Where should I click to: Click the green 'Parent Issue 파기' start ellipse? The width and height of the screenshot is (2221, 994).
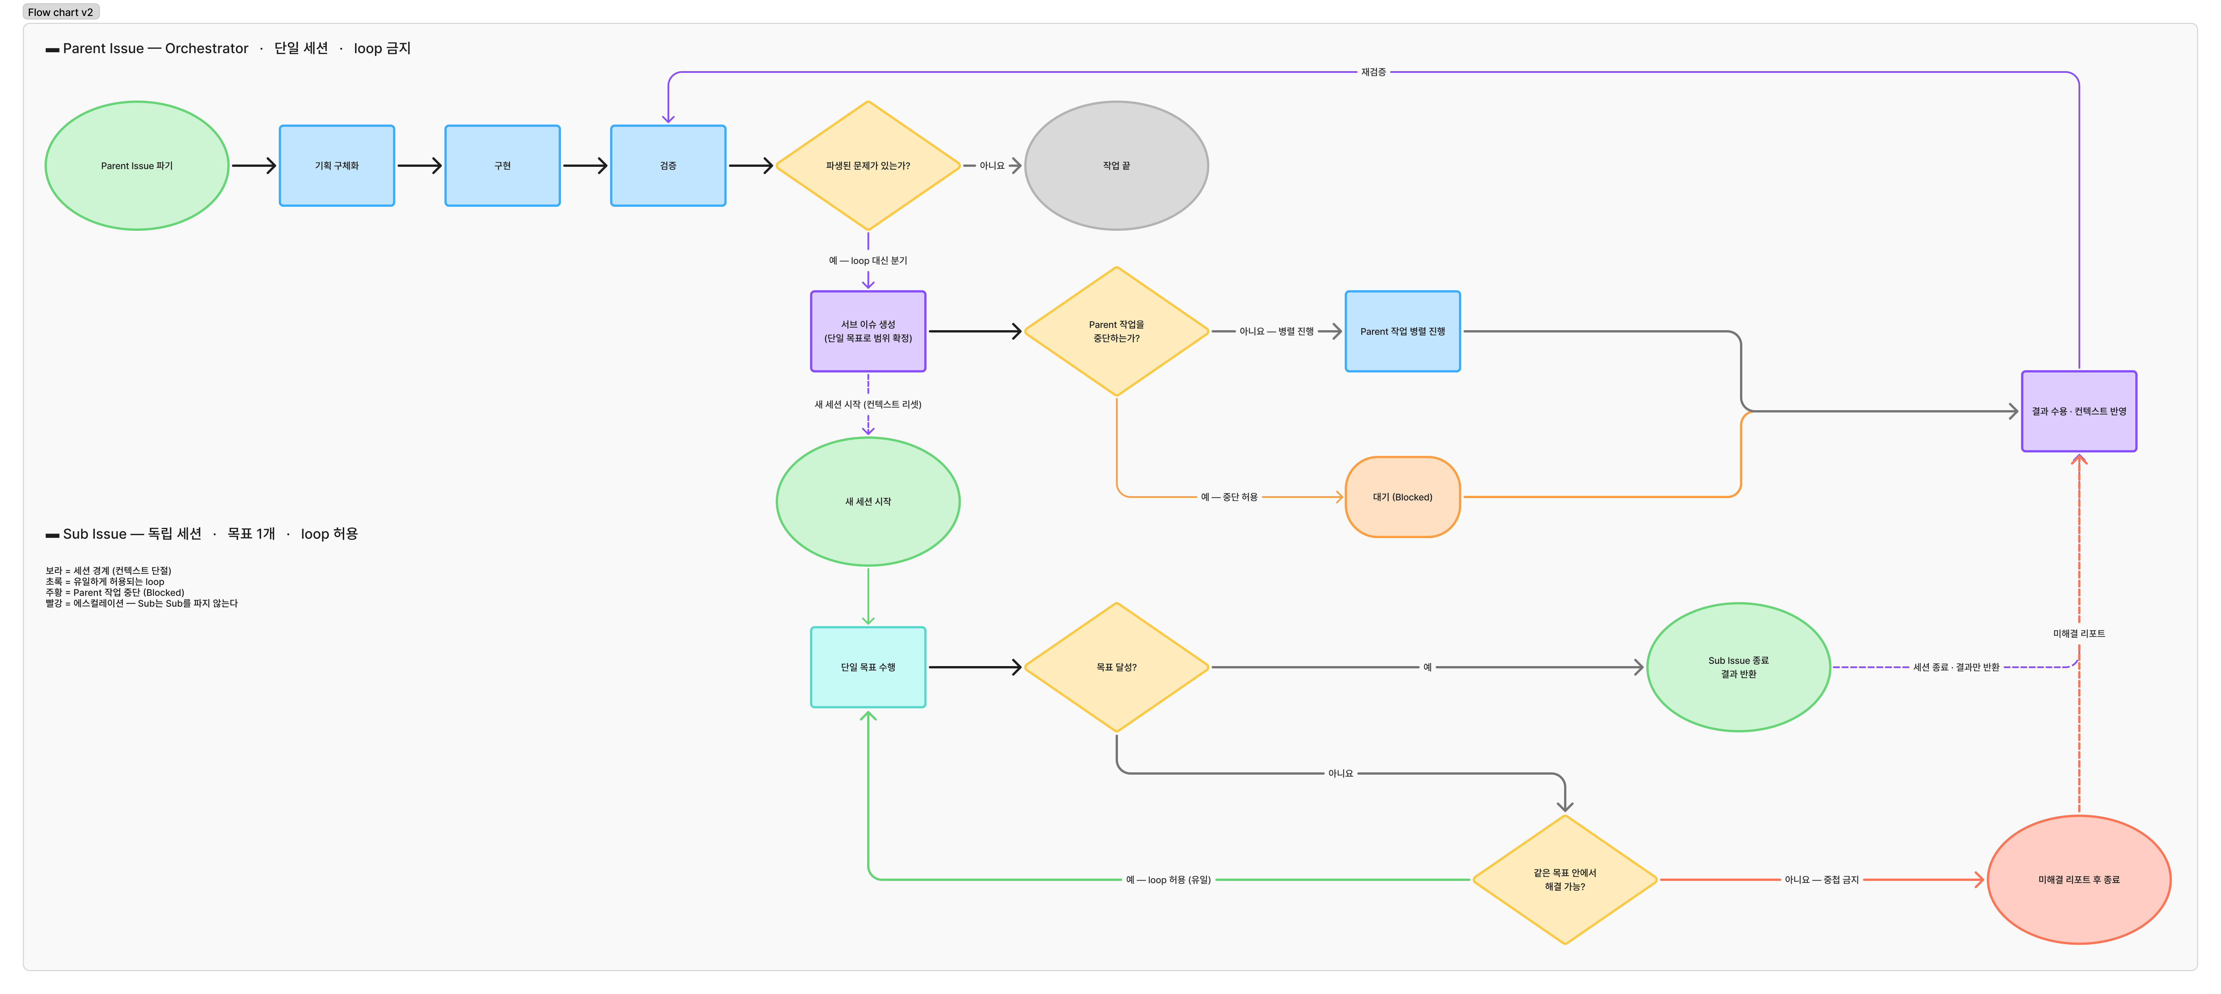(x=137, y=165)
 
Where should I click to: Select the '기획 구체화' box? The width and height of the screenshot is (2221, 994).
(x=337, y=165)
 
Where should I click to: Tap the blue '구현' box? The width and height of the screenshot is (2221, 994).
(x=503, y=165)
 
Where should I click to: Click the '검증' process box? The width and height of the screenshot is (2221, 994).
(x=668, y=165)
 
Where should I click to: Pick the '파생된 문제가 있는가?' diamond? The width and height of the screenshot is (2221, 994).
(x=868, y=165)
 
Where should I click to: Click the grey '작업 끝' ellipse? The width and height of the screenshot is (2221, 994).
(x=1116, y=165)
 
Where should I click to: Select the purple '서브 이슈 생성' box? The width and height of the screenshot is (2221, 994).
(x=868, y=331)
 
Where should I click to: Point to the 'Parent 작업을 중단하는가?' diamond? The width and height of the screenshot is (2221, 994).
(x=1116, y=331)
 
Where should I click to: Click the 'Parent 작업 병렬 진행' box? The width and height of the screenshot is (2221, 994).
(x=1403, y=331)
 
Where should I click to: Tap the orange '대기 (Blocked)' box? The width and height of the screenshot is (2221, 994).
(x=1403, y=498)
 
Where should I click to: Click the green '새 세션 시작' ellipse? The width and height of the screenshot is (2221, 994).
(x=868, y=502)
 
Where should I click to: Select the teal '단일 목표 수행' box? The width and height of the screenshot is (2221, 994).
(x=868, y=667)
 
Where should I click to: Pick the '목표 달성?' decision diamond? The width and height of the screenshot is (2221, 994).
(x=1116, y=667)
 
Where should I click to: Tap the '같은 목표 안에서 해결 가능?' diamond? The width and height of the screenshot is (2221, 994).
(x=1565, y=879)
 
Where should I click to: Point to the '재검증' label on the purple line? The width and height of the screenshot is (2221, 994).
(x=1374, y=73)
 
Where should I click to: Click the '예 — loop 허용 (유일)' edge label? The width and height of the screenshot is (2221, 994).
(x=1168, y=880)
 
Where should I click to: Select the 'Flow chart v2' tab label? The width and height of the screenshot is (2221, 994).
(x=60, y=12)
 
